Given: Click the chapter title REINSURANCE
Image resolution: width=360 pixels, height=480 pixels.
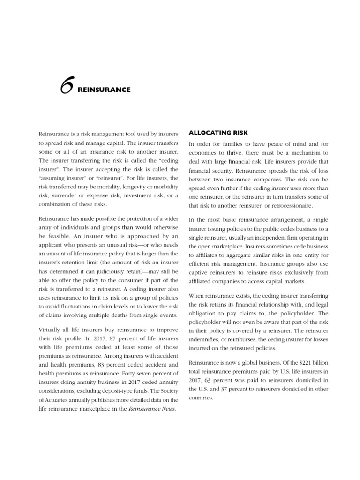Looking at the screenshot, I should click(104, 89).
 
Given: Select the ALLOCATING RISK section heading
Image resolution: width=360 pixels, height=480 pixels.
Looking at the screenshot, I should click(218, 133).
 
